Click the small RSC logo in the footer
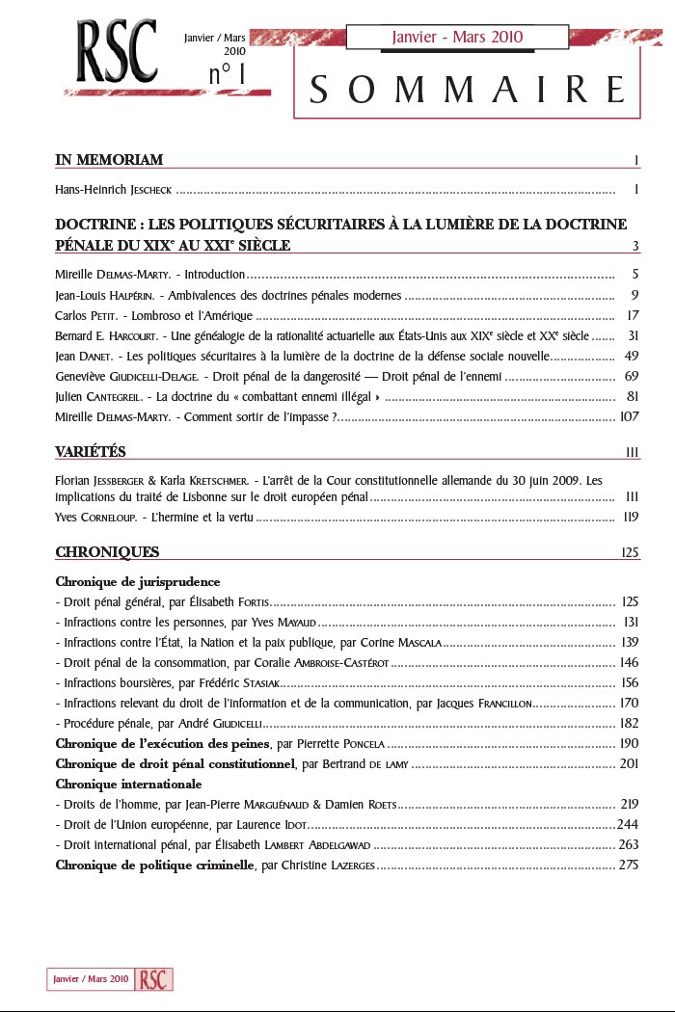tap(154, 978)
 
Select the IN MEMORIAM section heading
tap(109, 159)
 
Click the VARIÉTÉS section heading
tap(91, 452)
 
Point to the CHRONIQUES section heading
tap(107, 552)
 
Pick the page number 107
tap(629, 416)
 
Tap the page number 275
tap(629, 865)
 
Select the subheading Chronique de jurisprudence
tap(138, 582)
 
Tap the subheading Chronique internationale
tap(128, 784)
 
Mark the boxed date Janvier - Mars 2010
tap(457, 37)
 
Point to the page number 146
tap(629, 662)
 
